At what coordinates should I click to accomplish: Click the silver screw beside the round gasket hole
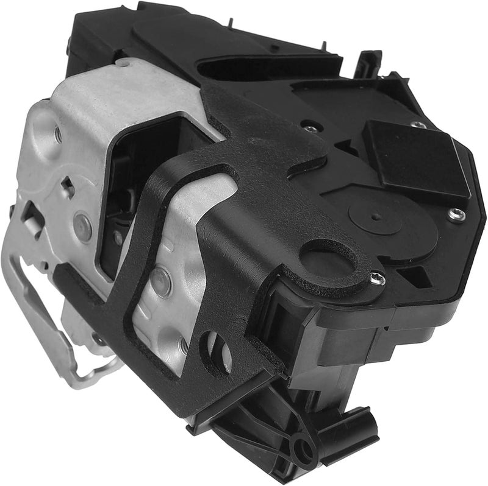point(378,279)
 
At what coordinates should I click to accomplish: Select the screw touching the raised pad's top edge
point(418,125)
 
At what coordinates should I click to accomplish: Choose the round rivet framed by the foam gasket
point(161,281)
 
